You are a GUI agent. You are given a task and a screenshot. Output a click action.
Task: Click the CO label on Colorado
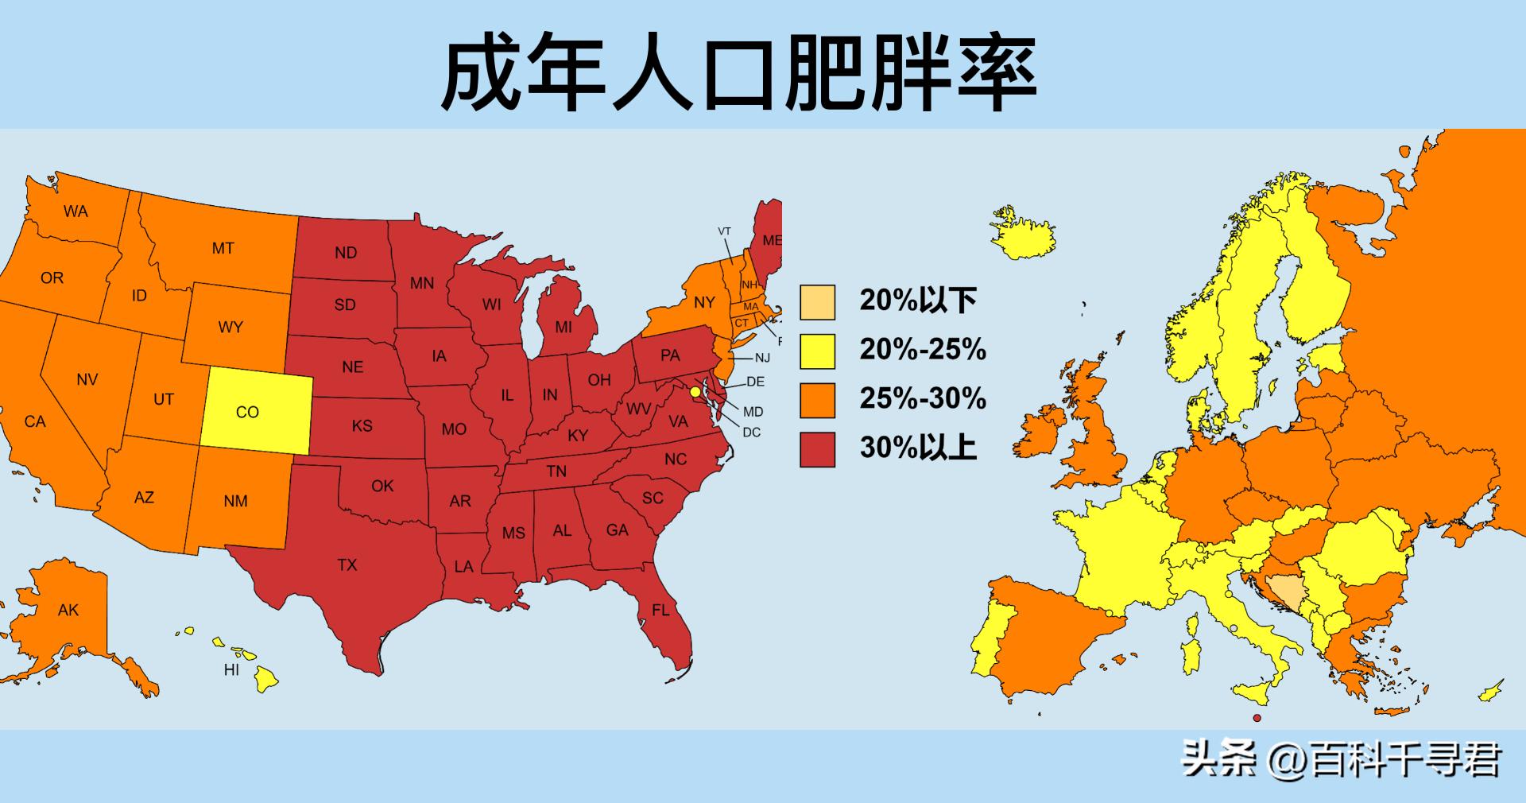[247, 412]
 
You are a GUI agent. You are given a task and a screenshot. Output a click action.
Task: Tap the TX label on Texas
[347, 565]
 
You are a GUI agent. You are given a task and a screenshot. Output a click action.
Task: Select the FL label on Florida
[660, 611]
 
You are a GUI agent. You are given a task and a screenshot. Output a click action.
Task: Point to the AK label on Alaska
[68, 611]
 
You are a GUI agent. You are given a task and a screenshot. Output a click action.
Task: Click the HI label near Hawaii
[231, 670]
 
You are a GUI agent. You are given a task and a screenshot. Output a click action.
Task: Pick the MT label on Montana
[223, 249]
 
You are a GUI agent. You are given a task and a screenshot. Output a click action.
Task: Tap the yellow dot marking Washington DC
[695, 392]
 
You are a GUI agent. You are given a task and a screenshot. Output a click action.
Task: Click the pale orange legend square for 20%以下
[817, 302]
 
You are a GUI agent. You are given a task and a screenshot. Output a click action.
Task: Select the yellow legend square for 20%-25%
[817, 351]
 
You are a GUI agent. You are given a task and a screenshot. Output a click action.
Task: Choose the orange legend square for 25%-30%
[817, 400]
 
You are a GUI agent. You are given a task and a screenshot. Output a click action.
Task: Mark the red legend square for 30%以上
[817, 449]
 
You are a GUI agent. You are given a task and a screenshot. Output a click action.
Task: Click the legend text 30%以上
[918, 448]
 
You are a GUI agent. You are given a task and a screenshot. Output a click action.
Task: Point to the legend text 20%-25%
[923, 350]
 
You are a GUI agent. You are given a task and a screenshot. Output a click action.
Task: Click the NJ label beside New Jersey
[762, 358]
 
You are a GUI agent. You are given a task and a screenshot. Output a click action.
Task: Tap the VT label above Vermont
[724, 231]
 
